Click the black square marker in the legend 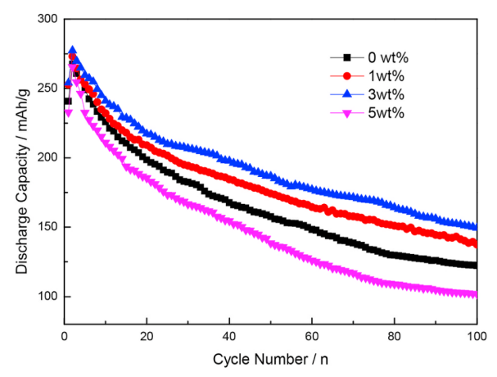(x=347, y=57)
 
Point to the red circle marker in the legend (x=347, y=76)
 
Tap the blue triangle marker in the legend (x=347, y=94)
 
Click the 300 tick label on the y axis (x=46, y=18)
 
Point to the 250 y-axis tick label (x=46, y=88)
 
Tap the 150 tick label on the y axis (x=46, y=227)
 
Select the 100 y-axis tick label (x=46, y=297)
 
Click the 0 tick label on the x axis (x=64, y=336)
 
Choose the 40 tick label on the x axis (x=228, y=336)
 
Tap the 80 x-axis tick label (x=394, y=336)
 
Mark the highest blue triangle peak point (x=72, y=51)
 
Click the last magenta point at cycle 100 (x=476, y=295)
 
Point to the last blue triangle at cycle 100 (x=476, y=226)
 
